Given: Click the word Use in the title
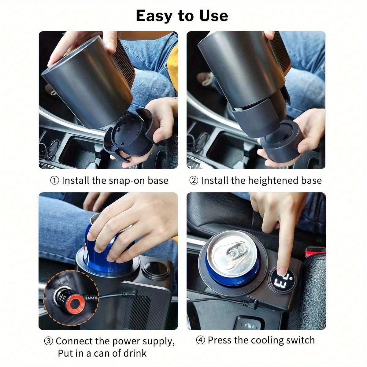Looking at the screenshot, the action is pyautogui.click(x=214, y=16).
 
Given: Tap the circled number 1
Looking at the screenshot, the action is pyautogui.click(x=55, y=181).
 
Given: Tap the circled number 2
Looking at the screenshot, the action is pyautogui.click(x=194, y=181).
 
